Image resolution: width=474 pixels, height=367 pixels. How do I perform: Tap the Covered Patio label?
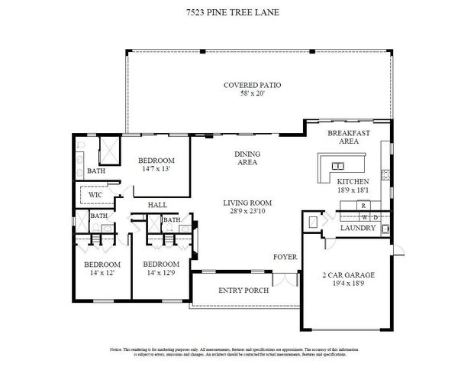click(252, 85)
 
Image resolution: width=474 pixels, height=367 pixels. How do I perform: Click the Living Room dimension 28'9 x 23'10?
click(247, 212)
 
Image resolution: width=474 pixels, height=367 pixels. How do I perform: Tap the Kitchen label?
click(353, 181)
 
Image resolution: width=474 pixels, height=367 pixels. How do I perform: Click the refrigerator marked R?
click(363, 206)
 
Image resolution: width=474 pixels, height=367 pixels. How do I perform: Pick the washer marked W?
click(363, 217)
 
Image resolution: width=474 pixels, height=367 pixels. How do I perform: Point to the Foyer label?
click(285, 257)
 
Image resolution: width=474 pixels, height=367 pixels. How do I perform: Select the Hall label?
click(157, 205)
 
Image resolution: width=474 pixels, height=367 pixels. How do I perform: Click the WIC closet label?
click(95, 195)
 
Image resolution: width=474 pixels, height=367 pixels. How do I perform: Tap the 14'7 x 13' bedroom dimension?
click(156, 170)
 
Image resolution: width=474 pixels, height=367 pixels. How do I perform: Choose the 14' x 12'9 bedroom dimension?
click(161, 273)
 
